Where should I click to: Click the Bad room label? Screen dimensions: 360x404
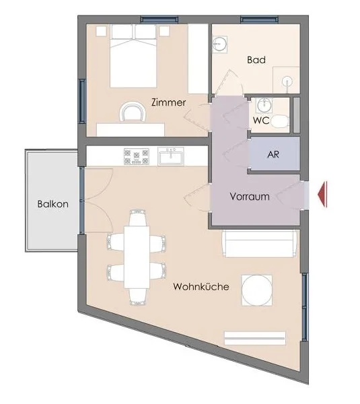pos(256,60)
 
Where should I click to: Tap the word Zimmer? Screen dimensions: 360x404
pos(168,102)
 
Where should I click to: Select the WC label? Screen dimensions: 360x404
pos(261,121)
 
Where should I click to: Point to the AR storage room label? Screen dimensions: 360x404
pos(273,154)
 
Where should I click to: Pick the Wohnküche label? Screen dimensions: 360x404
pos(201,287)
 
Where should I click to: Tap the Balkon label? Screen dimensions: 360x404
pos(53,204)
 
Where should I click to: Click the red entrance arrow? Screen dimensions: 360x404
pos(323,195)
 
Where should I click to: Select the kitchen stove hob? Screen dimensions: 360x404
pos(137,156)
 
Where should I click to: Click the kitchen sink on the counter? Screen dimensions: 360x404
pos(171,156)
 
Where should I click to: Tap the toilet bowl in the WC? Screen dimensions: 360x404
pos(280,122)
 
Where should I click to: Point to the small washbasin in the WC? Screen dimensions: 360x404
pos(264,105)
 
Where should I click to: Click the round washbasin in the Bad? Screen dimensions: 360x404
pos(219,44)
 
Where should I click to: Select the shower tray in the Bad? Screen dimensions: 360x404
pos(287,80)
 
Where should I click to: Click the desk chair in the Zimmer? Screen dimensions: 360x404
pos(133,112)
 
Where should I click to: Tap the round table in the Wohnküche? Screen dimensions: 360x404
pos(257,290)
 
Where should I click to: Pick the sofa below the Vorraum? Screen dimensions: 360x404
pos(261,244)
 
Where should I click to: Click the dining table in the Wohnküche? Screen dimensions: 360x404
pos(137,257)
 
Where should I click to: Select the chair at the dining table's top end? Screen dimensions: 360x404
pos(139,218)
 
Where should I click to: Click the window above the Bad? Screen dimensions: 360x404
pos(259,20)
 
